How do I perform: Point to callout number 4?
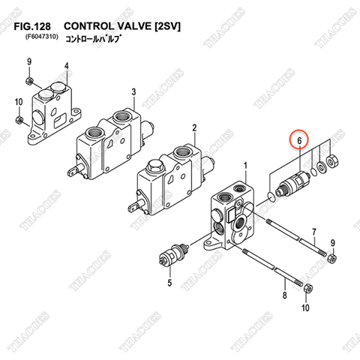point(66,66)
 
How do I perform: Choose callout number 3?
point(133,91)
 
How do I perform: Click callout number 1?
point(244,164)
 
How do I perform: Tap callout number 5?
point(169,283)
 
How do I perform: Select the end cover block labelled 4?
point(52,112)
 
